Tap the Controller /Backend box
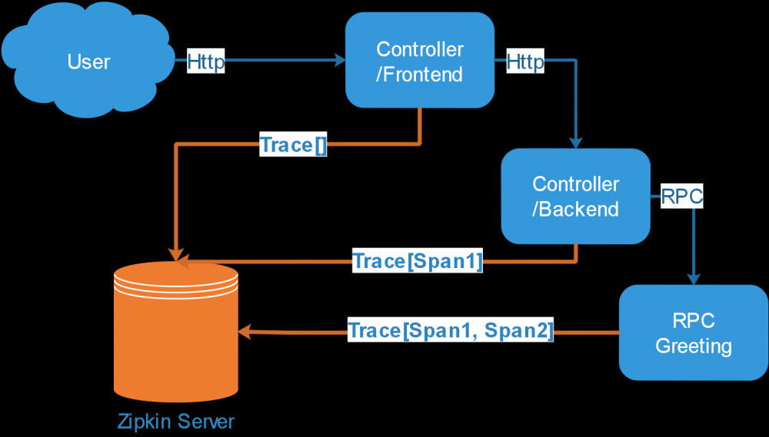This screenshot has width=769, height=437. (575, 196)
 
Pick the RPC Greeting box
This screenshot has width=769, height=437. (693, 332)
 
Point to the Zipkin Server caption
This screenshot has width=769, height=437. (176, 421)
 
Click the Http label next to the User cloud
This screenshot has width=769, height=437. (206, 62)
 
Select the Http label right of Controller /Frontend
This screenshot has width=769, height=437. (525, 62)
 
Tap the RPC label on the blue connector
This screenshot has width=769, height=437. (682, 197)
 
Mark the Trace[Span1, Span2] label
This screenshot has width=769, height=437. (451, 331)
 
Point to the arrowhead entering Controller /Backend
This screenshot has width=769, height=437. (576, 143)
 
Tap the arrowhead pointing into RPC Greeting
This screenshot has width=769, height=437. (694, 279)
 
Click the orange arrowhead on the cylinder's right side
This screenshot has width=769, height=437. (245, 332)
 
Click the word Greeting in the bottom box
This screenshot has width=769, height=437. (694, 346)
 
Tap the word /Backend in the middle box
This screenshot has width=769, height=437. (576, 209)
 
